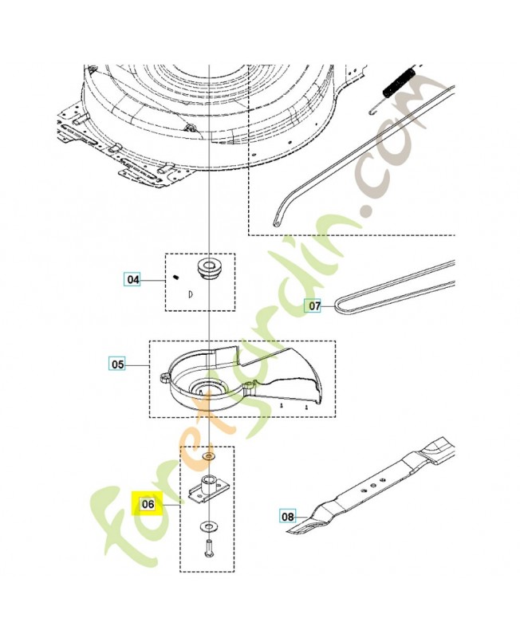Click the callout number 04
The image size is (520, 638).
(132, 280)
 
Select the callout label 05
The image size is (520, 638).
(117, 364)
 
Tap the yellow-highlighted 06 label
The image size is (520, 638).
(147, 504)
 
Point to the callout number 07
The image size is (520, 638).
(314, 305)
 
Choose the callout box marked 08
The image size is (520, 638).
(287, 517)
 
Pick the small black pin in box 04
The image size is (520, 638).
(174, 277)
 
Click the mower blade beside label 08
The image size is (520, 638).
(375, 486)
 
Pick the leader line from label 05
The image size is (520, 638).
(138, 364)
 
